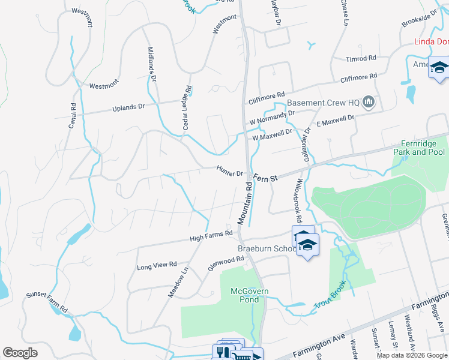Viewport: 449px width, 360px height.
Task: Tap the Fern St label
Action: (x=265, y=178)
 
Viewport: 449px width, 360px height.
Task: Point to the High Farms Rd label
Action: (x=211, y=236)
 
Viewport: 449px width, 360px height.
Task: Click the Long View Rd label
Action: (x=157, y=265)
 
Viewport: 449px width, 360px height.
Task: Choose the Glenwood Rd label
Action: (x=226, y=263)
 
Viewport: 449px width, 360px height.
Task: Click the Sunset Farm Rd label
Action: (x=46, y=302)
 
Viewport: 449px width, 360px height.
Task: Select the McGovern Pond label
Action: (x=250, y=295)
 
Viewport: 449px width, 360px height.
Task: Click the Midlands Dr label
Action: (x=152, y=65)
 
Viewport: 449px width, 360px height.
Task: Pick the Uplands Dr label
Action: (x=129, y=108)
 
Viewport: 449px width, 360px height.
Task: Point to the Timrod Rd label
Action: (x=360, y=59)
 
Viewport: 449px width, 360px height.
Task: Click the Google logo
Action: (x=20, y=353)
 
